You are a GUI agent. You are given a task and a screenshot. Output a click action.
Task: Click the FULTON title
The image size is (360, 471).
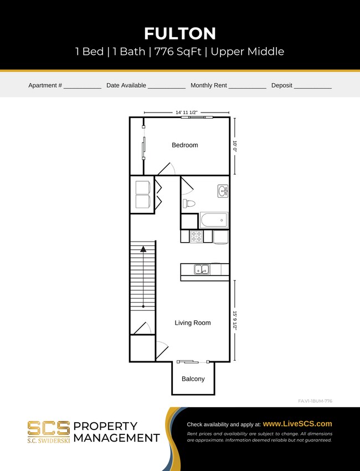pyautogui.click(x=180, y=33)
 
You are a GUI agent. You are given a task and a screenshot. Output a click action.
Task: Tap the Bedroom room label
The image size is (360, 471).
pyautogui.click(x=184, y=145)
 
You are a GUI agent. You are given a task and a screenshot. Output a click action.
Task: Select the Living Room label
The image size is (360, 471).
pyautogui.click(x=193, y=322)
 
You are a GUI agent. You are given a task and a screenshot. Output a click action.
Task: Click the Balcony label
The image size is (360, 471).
pyautogui.click(x=193, y=379)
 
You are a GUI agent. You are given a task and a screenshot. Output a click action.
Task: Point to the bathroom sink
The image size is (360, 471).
pyautogui.click(x=223, y=191)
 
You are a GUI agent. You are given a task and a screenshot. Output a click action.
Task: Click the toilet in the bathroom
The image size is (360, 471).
pyautogui.click(x=189, y=203)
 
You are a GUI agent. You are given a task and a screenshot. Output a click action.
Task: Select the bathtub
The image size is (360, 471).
pyautogui.click(x=214, y=220)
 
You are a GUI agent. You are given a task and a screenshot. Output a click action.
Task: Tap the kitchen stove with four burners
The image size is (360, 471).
pyautogui.click(x=197, y=237)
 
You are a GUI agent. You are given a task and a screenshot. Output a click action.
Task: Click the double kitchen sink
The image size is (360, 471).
pyautogui.click(x=202, y=270)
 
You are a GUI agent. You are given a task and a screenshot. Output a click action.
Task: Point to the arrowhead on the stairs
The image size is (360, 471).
pyautogui.click(x=143, y=249)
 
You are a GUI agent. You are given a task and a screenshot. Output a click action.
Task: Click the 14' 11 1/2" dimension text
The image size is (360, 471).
pyautogui.click(x=187, y=112)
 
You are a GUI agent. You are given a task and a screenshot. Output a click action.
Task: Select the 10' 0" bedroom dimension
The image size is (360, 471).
pyautogui.click(x=235, y=146)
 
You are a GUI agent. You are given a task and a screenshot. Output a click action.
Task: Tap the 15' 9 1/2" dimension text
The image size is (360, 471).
pyautogui.click(x=235, y=320)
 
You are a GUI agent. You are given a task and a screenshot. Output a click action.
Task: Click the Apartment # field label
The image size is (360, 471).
pyautogui.click(x=45, y=85)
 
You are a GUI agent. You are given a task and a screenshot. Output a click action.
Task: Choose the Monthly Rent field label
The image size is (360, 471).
pyautogui.click(x=208, y=85)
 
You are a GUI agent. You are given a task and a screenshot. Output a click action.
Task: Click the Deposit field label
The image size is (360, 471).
pyautogui.click(x=281, y=85)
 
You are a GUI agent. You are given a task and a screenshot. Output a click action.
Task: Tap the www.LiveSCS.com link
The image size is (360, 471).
pyautogui.click(x=297, y=423)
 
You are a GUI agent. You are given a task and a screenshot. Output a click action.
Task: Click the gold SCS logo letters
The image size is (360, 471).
pyautogui.click(x=49, y=428)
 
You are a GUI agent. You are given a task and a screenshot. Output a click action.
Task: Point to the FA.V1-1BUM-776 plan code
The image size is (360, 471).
pyautogui.click(x=315, y=401)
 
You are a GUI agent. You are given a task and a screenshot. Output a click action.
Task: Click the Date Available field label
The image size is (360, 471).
pyautogui.click(x=126, y=85)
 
